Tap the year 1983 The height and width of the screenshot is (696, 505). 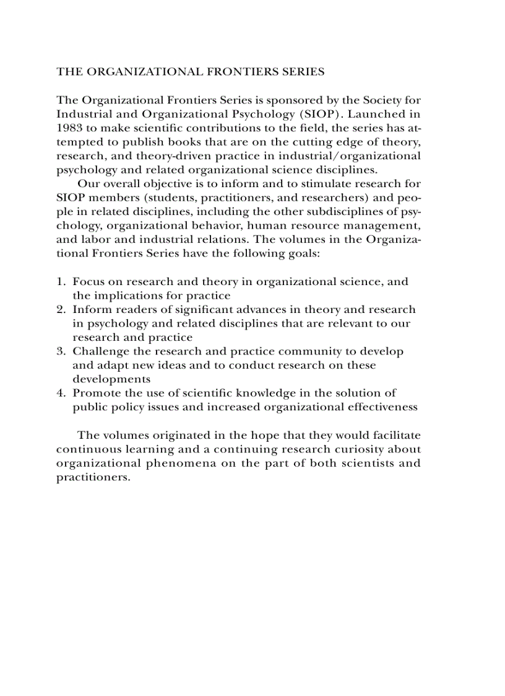click(x=68, y=128)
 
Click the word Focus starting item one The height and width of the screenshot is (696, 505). click(x=87, y=282)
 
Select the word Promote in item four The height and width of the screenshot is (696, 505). click(x=93, y=394)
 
